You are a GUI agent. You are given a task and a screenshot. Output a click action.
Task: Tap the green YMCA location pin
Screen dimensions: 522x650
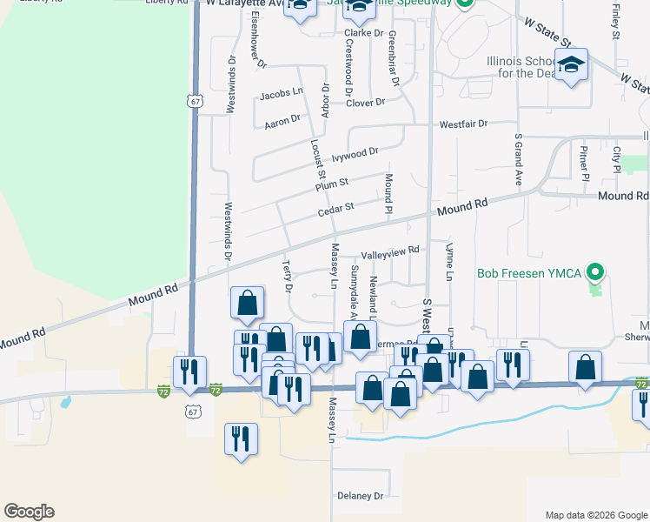click(595, 272)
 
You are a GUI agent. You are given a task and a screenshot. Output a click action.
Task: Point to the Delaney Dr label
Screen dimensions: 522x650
click(360, 496)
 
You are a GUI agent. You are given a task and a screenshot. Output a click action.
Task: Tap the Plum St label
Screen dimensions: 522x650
click(331, 184)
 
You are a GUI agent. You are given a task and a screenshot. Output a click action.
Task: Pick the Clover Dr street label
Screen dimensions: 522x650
click(365, 103)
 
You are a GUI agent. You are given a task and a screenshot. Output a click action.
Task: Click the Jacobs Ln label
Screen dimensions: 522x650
click(282, 90)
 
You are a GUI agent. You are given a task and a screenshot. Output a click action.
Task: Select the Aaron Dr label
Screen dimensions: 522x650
click(282, 121)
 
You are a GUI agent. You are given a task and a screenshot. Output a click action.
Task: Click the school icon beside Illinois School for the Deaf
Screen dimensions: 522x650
click(572, 65)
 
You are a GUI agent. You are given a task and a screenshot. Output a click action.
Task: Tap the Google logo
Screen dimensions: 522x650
click(29, 512)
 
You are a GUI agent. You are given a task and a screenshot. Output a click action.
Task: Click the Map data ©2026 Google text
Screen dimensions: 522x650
click(595, 515)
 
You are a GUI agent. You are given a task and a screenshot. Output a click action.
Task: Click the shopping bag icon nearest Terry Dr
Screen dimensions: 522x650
click(248, 303)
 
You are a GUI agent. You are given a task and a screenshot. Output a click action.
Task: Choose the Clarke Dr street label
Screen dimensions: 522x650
click(365, 33)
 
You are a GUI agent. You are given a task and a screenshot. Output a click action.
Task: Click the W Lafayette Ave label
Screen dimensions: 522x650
click(246, 3)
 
